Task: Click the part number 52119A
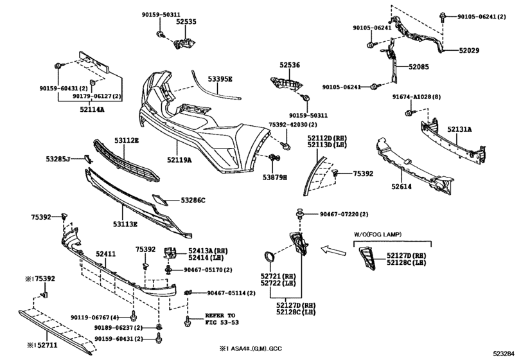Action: [179, 160]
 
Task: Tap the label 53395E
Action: [220, 79]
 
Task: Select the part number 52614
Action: [402, 186]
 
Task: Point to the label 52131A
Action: [459, 129]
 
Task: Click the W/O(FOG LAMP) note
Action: [378, 235]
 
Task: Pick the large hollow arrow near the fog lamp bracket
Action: [333, 250]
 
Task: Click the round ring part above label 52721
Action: [269, 257]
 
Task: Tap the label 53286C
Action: [193, 200]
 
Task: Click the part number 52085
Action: [419, 67]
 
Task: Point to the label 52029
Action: [469, 51]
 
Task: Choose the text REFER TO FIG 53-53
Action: [222, 319]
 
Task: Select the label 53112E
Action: [127, 141]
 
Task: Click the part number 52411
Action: [105, 255]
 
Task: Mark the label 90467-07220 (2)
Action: [344, 215]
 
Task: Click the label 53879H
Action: [275, 177]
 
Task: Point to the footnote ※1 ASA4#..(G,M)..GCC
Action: [251, 348]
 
